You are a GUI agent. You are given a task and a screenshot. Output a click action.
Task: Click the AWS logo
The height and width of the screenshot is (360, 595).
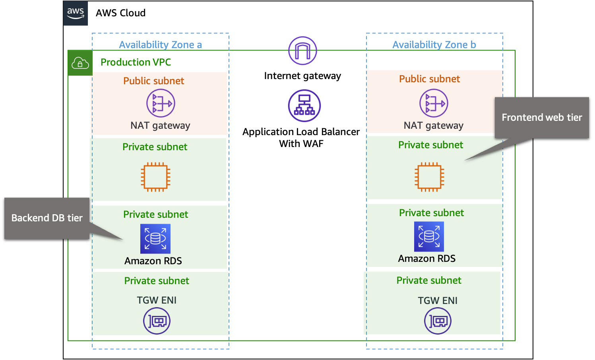tap(76, 14)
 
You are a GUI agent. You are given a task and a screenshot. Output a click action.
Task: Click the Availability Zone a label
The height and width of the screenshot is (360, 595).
tap(160, 45)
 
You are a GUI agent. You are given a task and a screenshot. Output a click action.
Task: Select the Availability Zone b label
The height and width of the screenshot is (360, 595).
tap(434, 45)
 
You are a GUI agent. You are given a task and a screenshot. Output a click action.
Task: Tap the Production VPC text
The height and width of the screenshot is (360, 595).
tap(136, 62)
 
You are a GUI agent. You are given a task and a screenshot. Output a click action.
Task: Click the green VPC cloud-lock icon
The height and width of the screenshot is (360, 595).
tap(80, 63)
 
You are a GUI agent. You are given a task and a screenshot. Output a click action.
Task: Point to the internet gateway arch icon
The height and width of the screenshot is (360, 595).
tap(302, 51)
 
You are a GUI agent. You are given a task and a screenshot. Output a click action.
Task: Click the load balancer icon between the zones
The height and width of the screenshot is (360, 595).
tap(304, 106)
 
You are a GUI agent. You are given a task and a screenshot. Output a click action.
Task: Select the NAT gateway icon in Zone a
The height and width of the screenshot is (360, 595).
tap(161, 103)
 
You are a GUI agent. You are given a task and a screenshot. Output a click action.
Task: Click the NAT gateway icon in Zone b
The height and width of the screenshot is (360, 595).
tap(434, 103)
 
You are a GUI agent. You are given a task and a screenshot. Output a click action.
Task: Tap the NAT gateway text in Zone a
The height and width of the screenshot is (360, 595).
tap(160, 126)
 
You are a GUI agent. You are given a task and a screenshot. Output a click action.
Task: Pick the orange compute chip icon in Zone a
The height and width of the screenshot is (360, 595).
tap(155, 177)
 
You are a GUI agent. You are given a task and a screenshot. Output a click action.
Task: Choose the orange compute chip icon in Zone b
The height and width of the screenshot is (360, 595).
tap(429, 176)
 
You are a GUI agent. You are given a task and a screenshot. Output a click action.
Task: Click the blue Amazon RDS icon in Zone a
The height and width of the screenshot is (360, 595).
tap(155, 238)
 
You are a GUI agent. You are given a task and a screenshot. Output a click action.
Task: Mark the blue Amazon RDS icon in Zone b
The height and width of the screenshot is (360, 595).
tap(429, 236)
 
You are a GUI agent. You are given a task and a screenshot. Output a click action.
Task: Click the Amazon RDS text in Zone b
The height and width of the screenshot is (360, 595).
tap(426, 259)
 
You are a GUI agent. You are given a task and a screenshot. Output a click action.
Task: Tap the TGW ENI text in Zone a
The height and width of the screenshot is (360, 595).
tap(157, 300)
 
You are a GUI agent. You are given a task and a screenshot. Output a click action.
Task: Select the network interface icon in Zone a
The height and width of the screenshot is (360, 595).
tap(157, 321)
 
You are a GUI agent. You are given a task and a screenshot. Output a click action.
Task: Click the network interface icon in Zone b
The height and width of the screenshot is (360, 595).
tap(438, 321)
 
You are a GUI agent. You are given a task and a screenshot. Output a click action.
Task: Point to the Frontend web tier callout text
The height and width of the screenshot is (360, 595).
tap(541, 118)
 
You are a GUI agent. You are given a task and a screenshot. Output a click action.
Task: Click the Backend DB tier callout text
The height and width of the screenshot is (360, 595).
tap(47, 218)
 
